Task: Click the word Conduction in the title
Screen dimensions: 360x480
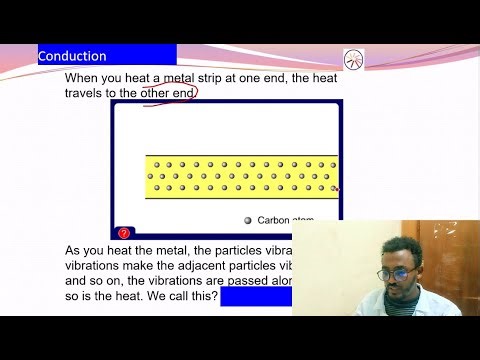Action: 72,56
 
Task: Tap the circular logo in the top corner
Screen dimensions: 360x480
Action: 354,59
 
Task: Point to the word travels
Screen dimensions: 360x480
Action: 89,94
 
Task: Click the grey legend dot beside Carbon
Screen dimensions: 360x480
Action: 247,220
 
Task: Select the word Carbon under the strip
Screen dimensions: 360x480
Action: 272,220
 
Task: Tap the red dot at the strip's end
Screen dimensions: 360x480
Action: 336,187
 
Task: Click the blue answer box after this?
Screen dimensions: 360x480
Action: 255,297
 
